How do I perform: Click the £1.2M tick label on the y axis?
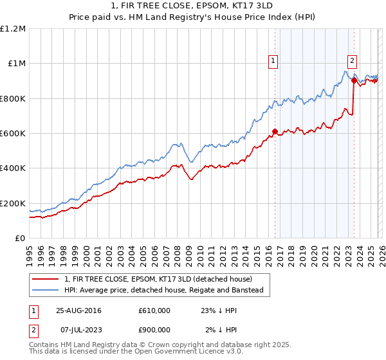coord(13,29)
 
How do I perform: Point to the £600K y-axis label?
coord(13,134)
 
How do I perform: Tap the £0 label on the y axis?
coord(20,239)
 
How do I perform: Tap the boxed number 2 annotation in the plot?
coord(353,61)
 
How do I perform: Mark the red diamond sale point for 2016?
coord(275,132)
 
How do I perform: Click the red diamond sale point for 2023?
coord(354,81)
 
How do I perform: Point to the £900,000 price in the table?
coord(154,330)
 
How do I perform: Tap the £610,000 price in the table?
coord(154,310)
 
